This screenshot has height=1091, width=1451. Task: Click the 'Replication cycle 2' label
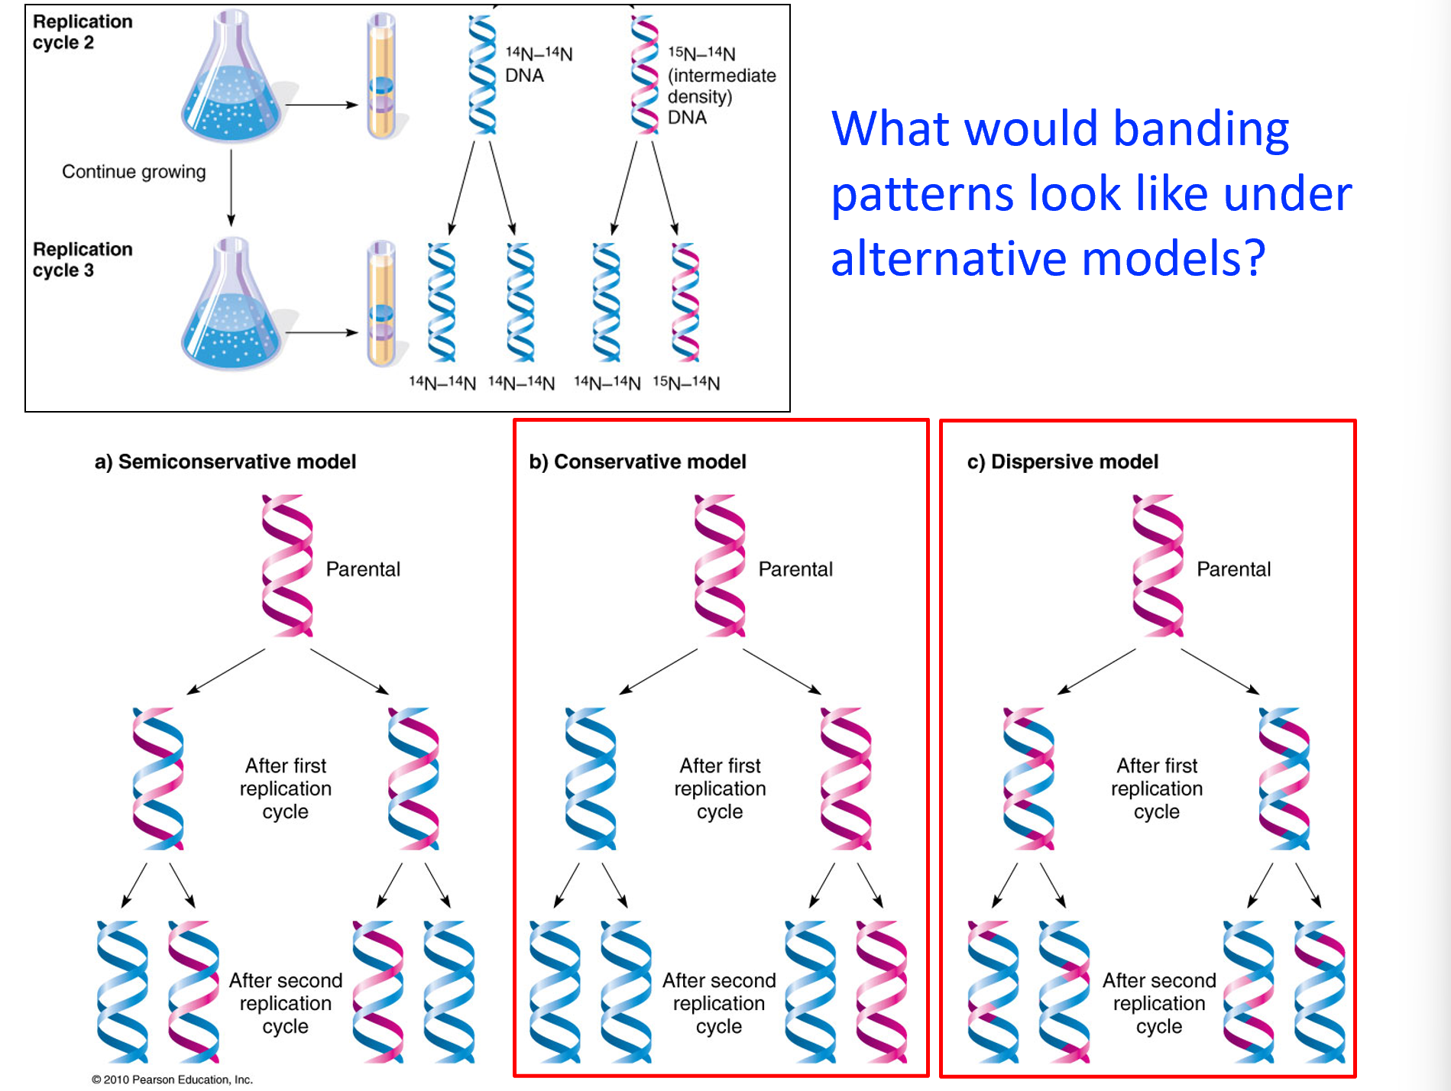pyautogui.click(x=82, y=32)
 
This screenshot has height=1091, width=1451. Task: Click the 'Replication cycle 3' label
pyautogui.click(x=82, y=260)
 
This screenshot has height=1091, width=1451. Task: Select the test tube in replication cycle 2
pyautogui.click(x=381, y=76)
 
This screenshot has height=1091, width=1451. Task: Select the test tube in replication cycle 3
pyautogui.click(x=381, y=304)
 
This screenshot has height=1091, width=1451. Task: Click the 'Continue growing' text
pyautogui.click(x=134, y=172)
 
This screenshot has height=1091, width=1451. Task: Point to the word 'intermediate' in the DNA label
pyautogui.click(x=721, y=76)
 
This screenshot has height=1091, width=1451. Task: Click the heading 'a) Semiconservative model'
pyautogui.click(x=225, y=462)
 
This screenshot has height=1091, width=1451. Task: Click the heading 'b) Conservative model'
pyautogui.click(x=637, y=462)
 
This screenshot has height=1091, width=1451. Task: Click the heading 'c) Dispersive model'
pyautogui.click(x=1062, y=462)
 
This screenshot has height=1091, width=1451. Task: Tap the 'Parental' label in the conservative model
pyautogui.click(x=795, y=569)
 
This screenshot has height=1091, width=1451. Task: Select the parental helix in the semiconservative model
pyautogui.click(x=287, y=565)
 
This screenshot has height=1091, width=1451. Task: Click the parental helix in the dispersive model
pyautogui.click(x=1158, y=565)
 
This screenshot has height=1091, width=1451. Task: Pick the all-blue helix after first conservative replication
pyautogui.click(x=590, y=778)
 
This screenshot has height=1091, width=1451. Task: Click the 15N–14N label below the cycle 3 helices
pyautogui.click(x=686, y=383)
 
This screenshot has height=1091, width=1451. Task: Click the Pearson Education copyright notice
pyautogui.click(x=172, y=1080)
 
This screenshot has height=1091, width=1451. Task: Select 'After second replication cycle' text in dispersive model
pyautogui.click(x=1158, y=1003)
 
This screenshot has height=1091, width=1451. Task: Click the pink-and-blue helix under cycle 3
pyautogui.click(x=685, y=302)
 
